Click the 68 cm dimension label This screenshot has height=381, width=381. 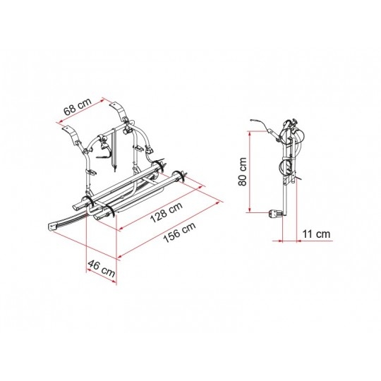tap(78, 107)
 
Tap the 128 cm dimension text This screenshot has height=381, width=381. tap(167, 212)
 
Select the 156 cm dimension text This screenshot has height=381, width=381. tap(179, 232)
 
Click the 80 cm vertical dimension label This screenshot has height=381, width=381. tap(242, 171)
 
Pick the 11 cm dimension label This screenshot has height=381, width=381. tap(316, 234)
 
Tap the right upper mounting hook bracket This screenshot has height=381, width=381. tap(119, 111)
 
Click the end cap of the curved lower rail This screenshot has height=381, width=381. tap(52, 226)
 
